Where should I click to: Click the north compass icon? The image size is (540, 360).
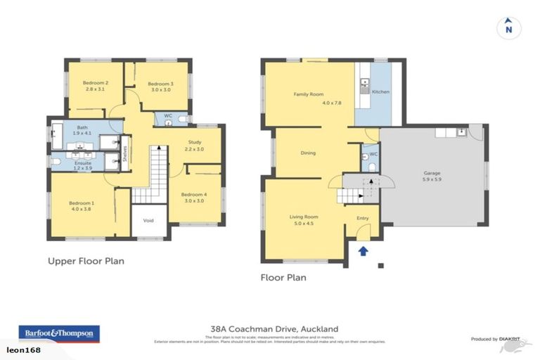pyautogui.click(x=508, y=27)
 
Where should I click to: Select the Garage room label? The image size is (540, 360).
pyautogui.click(x=431, y=172)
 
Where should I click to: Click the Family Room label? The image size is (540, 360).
pyautogui.click(x=308, y=94)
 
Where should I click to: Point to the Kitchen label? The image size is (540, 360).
pyautogui.click(x=380, y=92)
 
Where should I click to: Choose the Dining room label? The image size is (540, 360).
pyautogui.click(x=308, y=153)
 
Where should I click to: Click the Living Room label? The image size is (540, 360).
pyautogui.click(x=304, y=217)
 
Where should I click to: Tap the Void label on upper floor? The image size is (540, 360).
pyautogui.click(x=148, y=220)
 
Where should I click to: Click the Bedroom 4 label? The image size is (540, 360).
pyautogui.click(x=193, y=194)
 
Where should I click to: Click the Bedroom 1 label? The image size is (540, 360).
pyautogui.click(x=82, y=203)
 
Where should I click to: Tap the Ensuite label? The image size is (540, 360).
pyautogui.click(x=83, y=163)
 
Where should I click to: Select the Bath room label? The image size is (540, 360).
pyautogui.click(x=82, y=127)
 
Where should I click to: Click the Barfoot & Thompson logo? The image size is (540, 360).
pyautogui.click(x=59, y=333)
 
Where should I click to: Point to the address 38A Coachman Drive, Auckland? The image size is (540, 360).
pyautogui.click(x=274, y=328)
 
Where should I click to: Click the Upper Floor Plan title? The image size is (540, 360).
pyautogui.click(x=86, y=261)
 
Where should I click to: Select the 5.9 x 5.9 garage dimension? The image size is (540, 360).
pyautogui.click(x=431, y=179)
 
